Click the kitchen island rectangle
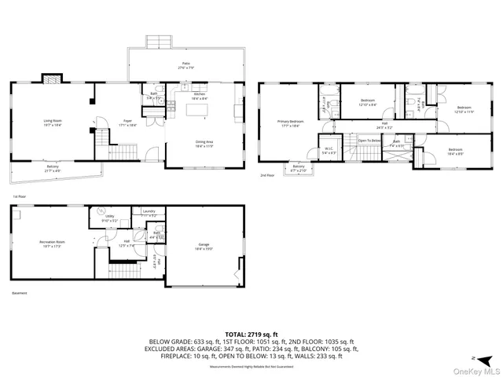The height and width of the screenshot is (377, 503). pyautogui.click(x=199, y=109)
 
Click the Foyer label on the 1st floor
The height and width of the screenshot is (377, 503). pyautogui.click(x=127, y=122)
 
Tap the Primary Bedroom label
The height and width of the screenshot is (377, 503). pyautogui.click(x=289, y=123)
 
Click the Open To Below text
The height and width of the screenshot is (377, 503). pyautogui.click(x=369, y=141)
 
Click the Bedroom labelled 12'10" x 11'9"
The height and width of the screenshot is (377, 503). pyautogui.click(x=464, y=109)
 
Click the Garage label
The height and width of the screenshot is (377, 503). pyautogui.click(x=205, y=246)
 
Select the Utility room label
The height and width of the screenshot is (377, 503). pyautogui.click(x=110, y=219)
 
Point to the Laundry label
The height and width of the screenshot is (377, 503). pyautogui.click(x=148, y=213)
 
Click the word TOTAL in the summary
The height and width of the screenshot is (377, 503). pyautogui.click(x=238, y=334)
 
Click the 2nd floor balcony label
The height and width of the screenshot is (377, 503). pyautogui.click(x=299, y=167)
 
